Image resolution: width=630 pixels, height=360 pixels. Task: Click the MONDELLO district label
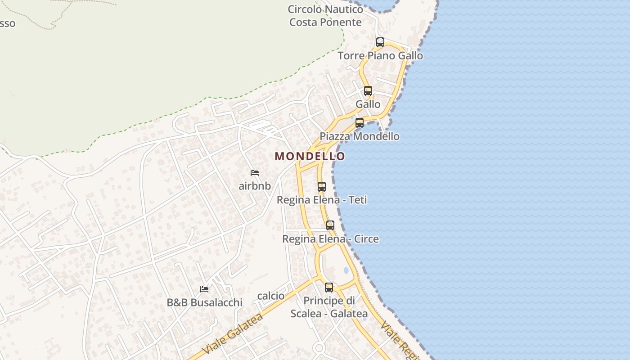pyautogui.click(x=310, y=156)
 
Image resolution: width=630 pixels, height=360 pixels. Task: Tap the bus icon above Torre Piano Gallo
pyautogui.click(x=380, y=42)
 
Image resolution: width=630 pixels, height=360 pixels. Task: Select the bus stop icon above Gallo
pyautogui.click(x=368, y=91)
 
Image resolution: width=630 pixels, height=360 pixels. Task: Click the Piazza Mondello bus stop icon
pyautogui.click(x=360, y=123)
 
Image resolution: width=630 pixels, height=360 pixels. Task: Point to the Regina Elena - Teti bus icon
pyautogui.click(x=322, y=187)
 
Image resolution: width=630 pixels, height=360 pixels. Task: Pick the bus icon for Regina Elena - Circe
pyautogui.click(x=330, y=225)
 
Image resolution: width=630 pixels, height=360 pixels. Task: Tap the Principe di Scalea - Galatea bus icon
pyautogui.click(x=329, y=288)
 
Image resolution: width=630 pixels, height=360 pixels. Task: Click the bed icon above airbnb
pyautogui.click(x=255, y=173)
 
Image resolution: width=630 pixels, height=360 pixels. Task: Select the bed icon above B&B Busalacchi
pyautogui.click(x=204, y=289)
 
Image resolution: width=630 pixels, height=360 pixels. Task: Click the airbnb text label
pyautogui.click(x=255, y=186)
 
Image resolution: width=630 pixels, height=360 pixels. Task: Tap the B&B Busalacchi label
pyautogui.click(x=204, y=302)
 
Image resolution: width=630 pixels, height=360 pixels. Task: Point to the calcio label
pyautogui.click(x=271, y=296)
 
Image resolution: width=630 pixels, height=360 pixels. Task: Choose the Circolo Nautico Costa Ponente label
pyautogui.click(x=325, y=15)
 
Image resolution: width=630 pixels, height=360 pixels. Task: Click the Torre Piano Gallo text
pyautogui.click(x=380, y=56)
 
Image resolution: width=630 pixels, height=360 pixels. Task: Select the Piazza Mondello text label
pyautogui.click(x=360, y=136)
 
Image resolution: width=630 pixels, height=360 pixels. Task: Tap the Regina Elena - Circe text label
pyautogui.click(x=330, y=239)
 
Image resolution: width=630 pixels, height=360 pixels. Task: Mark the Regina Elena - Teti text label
pyautogui.click(x=322, y=200)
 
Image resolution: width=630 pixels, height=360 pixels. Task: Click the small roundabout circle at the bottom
pyautogui.click(x=319, y=348)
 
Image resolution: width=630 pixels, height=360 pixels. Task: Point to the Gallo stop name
pyautogui.click(x=368, y=104)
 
